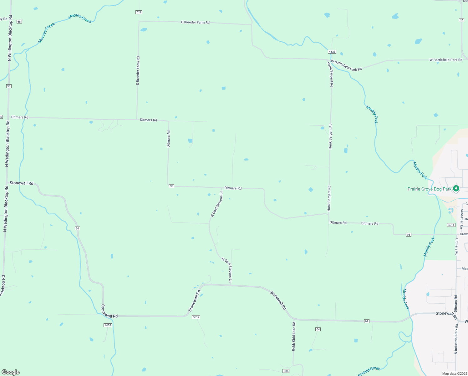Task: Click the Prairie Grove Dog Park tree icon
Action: pos(456,188)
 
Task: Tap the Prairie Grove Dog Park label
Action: pos(429,189)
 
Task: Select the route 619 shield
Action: pos(139,12)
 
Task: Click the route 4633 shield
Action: pos(332,52)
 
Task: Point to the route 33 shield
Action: pos(9,86)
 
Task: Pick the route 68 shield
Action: pos(19,22)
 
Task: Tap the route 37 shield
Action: pos(461,20)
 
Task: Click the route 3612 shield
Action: pos(196,317)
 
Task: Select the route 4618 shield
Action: pos(108,325)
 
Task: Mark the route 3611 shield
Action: pos(451,225)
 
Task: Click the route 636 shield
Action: pos(286,371)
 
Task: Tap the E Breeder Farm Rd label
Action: pos(195,22)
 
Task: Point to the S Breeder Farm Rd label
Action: pos(138,71)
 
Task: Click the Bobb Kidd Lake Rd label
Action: pos(293,336)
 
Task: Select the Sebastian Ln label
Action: pos(462,218)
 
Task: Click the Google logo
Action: pos(10,372)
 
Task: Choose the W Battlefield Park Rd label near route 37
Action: pos(445,60)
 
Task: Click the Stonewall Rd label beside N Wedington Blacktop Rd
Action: pos(21,183)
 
